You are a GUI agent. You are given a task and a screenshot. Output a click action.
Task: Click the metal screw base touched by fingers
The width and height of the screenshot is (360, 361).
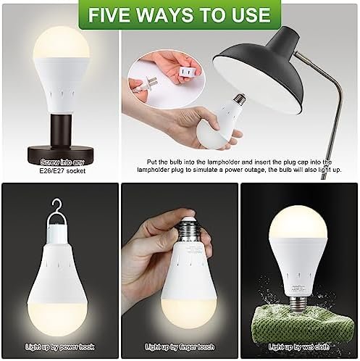[190, 231]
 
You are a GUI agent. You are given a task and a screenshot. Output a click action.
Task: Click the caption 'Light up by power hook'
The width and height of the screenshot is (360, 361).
[60, 347]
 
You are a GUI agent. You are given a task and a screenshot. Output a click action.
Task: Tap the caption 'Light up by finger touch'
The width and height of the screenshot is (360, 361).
[180, 347]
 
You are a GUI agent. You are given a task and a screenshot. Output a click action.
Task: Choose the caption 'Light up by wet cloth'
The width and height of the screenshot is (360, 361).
[299, 347]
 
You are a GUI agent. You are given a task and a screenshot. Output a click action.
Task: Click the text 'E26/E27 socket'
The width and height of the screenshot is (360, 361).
[62, 171]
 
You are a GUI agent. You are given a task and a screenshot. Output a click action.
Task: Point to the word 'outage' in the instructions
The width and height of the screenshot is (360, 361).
[254, 170]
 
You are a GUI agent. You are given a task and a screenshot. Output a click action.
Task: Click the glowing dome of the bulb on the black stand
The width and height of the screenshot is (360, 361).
[62, 43]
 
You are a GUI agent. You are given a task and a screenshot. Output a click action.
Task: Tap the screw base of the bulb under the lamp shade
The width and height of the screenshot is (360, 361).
[239, 99]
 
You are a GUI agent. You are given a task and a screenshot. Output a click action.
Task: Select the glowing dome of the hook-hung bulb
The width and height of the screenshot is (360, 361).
[57, 318]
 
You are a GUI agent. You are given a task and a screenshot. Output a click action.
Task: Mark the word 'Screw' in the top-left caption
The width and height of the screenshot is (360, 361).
[50, 162]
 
